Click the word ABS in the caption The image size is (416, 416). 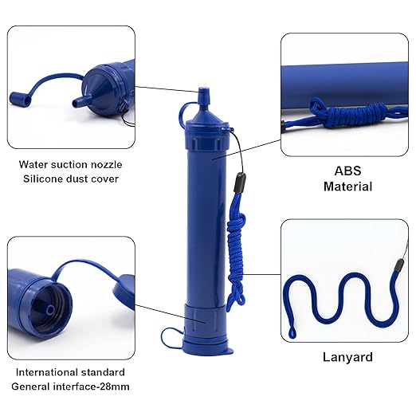(x=347, y=170)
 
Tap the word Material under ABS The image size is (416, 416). (x=347, y=186)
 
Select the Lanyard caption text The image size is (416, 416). (x=347, y=357)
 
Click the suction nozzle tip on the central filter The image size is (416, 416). (x=203, y=95)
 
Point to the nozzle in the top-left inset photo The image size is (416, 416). (x=77, y=104)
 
